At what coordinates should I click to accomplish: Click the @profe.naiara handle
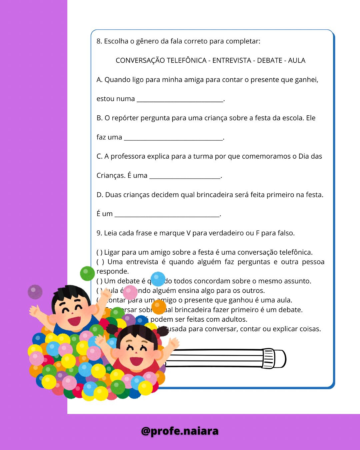[x=180, y=431]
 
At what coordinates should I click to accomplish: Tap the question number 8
[x=99, y=41]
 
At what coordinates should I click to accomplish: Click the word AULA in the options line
[x=297, y=61]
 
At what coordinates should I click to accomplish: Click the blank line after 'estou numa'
[x=180, y=100]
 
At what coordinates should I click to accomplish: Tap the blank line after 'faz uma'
[x=173, y=139]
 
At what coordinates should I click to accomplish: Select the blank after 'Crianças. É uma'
[x=185, y=177]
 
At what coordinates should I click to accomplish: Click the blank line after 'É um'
[x=167, y=215]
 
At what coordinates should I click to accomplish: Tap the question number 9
[x=99, y=233]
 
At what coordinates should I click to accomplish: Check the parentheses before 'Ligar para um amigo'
[x=99, y=252]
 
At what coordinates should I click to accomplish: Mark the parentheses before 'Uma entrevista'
[x=100, y=262]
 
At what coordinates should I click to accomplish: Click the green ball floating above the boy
[x=87, y=273]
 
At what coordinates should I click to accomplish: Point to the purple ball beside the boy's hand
[x=35, y=292]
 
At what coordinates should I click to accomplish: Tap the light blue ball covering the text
[x=158, y=279]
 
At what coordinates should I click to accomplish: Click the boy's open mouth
[x=74, y=321]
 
